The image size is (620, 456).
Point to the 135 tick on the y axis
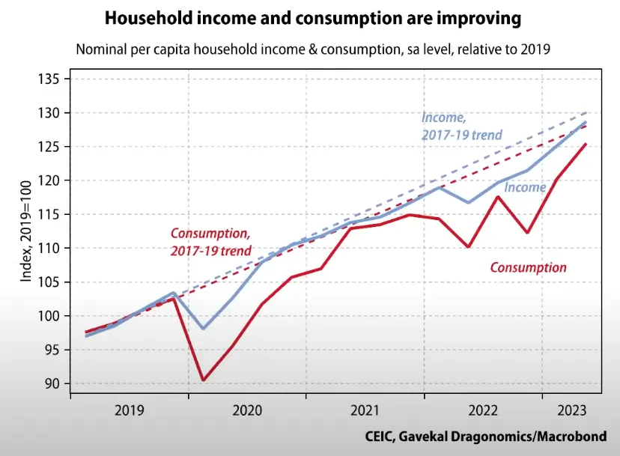pyautogui.click(x=55, y=79)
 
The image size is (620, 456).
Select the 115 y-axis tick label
pyautogui.click(x=55, y=214)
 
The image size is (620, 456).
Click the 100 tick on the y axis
pyautogui.click(x=55, y=316)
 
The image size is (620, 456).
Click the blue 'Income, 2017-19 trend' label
pyautogui.click(x=461, y=126)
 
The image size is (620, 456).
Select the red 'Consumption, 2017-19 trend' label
pyautogui.click(x=211, y=242)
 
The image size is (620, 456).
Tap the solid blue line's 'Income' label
pyautogui.click(x=525, y=187)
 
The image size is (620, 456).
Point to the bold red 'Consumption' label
pyautogui.click(x=528, y=267)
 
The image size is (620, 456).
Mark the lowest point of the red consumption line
pyautogui.click(x=203, y=380)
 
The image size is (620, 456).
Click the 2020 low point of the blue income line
pyautogui.click(x=203, y=329)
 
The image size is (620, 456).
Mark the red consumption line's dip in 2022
pyautogui.click(x=469, y=246)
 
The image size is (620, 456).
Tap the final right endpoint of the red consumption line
pyautogui.click(x=586, y=144)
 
